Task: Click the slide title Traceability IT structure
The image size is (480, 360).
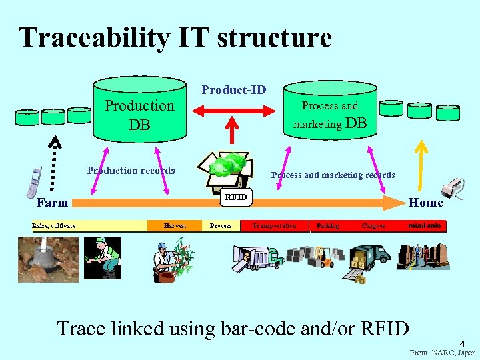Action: [175, 37]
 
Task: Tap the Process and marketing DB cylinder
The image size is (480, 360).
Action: [329, 113]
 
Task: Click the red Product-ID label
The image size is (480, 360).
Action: [233, 89]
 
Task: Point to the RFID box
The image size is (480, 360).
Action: [236, 197]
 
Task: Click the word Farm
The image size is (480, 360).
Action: [52, 203]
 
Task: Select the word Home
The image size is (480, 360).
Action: [425, 203]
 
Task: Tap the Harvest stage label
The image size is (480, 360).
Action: [175, 226]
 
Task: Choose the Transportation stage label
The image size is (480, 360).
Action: [274, 226]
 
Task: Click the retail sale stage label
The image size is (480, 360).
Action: [425, 226]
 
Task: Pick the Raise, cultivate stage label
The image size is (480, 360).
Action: [54, 226]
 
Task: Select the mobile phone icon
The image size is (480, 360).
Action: [33, 183]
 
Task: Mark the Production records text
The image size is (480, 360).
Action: [131, 171]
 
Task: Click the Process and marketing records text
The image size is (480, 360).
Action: [333, 175]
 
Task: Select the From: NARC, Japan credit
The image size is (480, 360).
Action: [443, 353]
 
